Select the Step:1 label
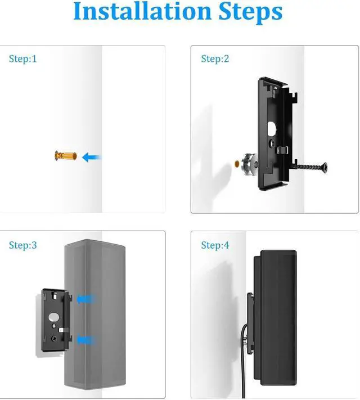coord(23,59)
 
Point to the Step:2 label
coord(215,59)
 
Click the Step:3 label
coord(23,245)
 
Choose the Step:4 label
coord(215,245)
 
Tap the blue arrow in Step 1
coord(91,157)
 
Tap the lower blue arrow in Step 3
coord(85,339)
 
